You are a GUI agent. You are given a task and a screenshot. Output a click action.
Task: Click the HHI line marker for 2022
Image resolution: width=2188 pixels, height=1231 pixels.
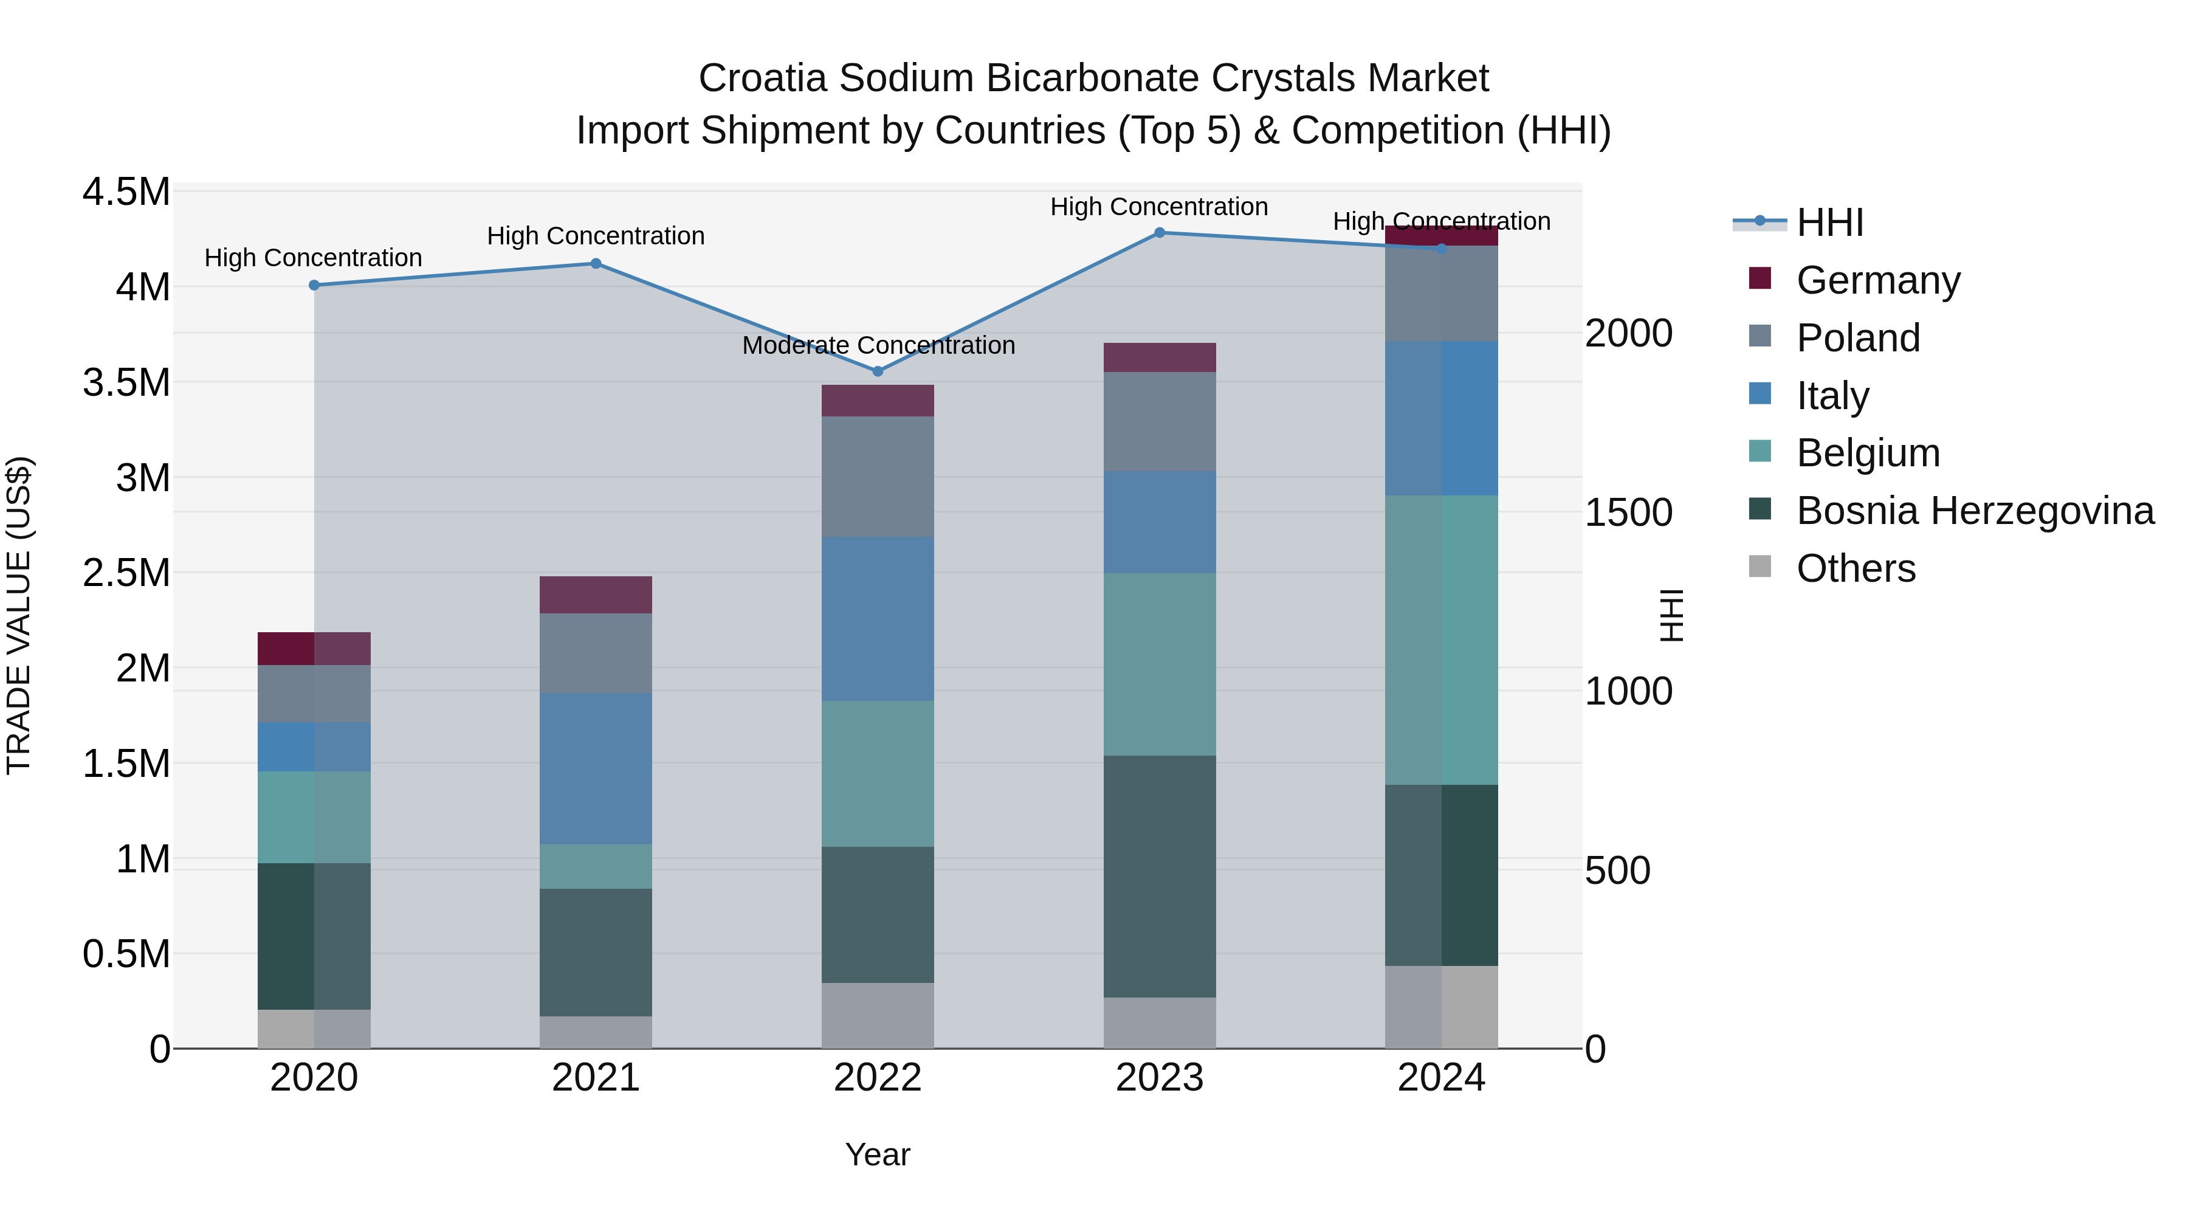tap(878, 371)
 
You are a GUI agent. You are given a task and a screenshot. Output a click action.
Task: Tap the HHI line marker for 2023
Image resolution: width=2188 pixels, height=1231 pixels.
tap(1160, 232)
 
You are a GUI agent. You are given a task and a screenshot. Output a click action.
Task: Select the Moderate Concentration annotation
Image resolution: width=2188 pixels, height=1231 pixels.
tap(878, 346)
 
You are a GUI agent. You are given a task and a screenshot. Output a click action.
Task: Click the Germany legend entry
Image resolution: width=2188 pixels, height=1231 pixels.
tap(1877, 280)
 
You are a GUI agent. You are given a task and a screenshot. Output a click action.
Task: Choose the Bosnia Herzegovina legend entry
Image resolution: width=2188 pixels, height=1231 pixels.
tap(1975, 511)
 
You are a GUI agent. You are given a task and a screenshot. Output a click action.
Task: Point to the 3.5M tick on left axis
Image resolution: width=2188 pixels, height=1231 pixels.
tap(126, 383)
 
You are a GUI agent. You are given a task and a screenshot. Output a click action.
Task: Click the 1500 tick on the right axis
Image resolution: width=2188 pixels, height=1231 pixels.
tap(1628, 512)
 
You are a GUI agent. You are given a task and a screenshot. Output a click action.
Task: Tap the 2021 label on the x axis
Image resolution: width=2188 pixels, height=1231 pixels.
tap(596, 1078)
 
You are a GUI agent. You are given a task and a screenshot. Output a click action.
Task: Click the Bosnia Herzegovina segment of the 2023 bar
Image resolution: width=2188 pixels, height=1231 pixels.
tap(1160, 876)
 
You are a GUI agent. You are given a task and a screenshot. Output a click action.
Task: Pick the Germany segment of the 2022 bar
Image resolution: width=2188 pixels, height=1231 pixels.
tap(878, 400)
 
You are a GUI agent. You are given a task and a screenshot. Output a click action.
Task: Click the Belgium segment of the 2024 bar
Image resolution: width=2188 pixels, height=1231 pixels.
tap(1442, 640)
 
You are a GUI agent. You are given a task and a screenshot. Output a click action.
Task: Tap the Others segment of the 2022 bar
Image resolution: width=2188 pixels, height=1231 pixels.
tap(878, 1015)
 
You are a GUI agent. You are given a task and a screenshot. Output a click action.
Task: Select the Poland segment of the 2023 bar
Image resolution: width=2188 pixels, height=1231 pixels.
tap(1160, 421)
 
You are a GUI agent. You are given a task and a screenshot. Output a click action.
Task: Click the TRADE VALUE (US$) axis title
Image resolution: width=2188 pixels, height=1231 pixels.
tap(19, 615)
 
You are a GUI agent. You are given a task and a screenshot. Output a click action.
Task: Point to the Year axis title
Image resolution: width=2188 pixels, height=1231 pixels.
tap(878, 1154)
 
